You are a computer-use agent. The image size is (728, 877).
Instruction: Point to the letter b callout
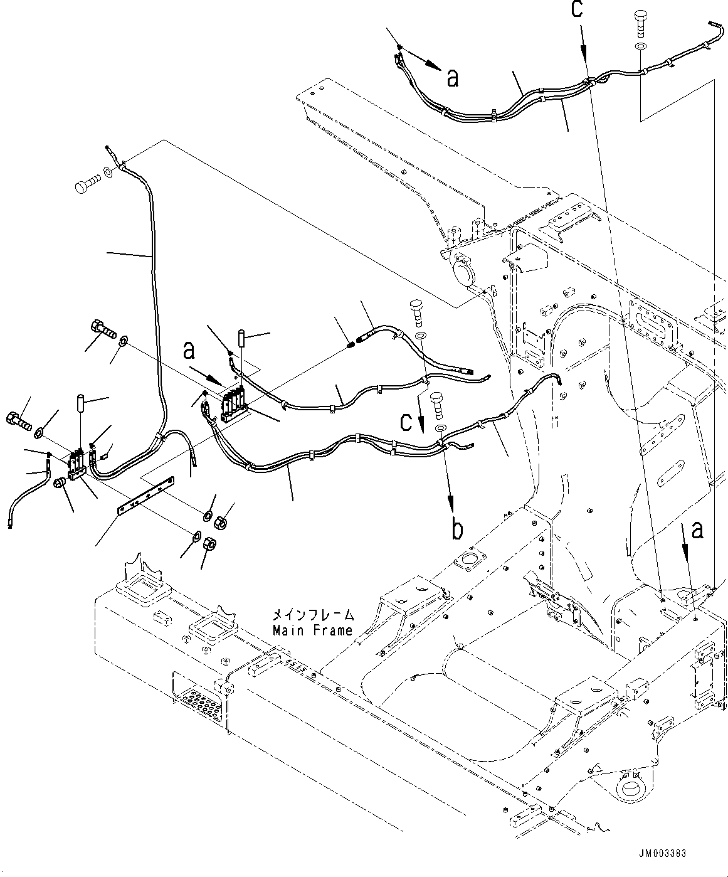click(x=458, y=529)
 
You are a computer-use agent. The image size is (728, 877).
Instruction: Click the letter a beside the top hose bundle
click(x=452, y=77)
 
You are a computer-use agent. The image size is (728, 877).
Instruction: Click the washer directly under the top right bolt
click(x=639, y=47)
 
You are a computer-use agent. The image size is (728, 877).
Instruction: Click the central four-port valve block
click(x=235, y=402)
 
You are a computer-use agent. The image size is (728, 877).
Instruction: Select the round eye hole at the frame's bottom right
click(x=628, y=789)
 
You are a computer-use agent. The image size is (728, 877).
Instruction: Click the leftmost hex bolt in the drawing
click(x=18, y=419)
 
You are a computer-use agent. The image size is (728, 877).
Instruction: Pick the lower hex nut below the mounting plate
click(x=211, y=543)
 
